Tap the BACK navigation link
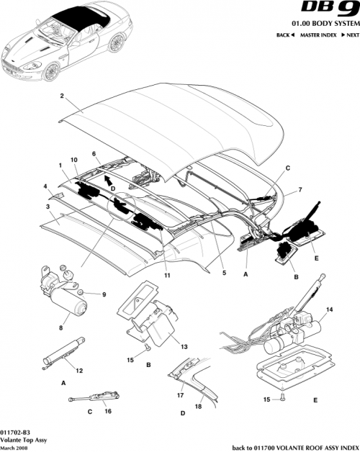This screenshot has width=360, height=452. point(285,35)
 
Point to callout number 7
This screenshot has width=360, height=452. point(300,189)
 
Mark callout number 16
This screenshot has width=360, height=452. point(108,412)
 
